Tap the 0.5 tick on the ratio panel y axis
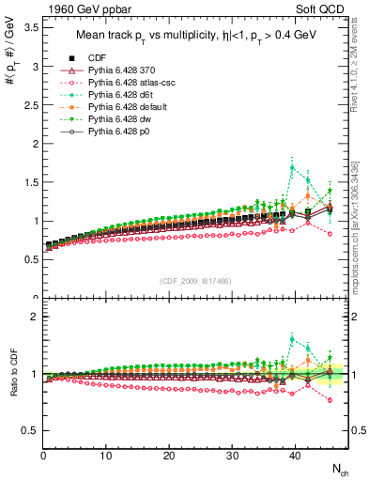(29, 430)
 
